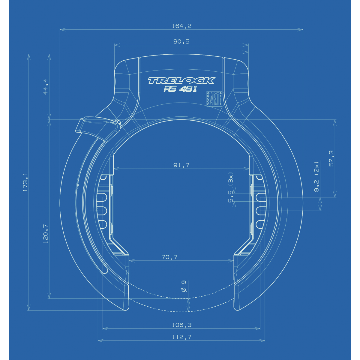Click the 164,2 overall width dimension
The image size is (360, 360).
pos(181,26)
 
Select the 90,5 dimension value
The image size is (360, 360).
pos(181,42)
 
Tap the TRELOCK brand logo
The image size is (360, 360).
pos(181,80)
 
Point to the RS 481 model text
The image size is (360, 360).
pos(180,89)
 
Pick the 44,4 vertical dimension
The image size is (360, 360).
pos(46,87)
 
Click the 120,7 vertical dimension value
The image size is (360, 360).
pos(46,233)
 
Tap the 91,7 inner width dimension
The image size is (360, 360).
pos(181,165)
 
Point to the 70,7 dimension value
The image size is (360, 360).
pos(169,257)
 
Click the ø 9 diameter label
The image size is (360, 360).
pos(184,286)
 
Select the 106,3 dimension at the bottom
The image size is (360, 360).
pos(181,325)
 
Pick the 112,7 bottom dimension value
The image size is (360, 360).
pos(181,337)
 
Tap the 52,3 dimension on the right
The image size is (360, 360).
pos(331,158)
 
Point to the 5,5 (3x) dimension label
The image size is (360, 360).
pos(231,187)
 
